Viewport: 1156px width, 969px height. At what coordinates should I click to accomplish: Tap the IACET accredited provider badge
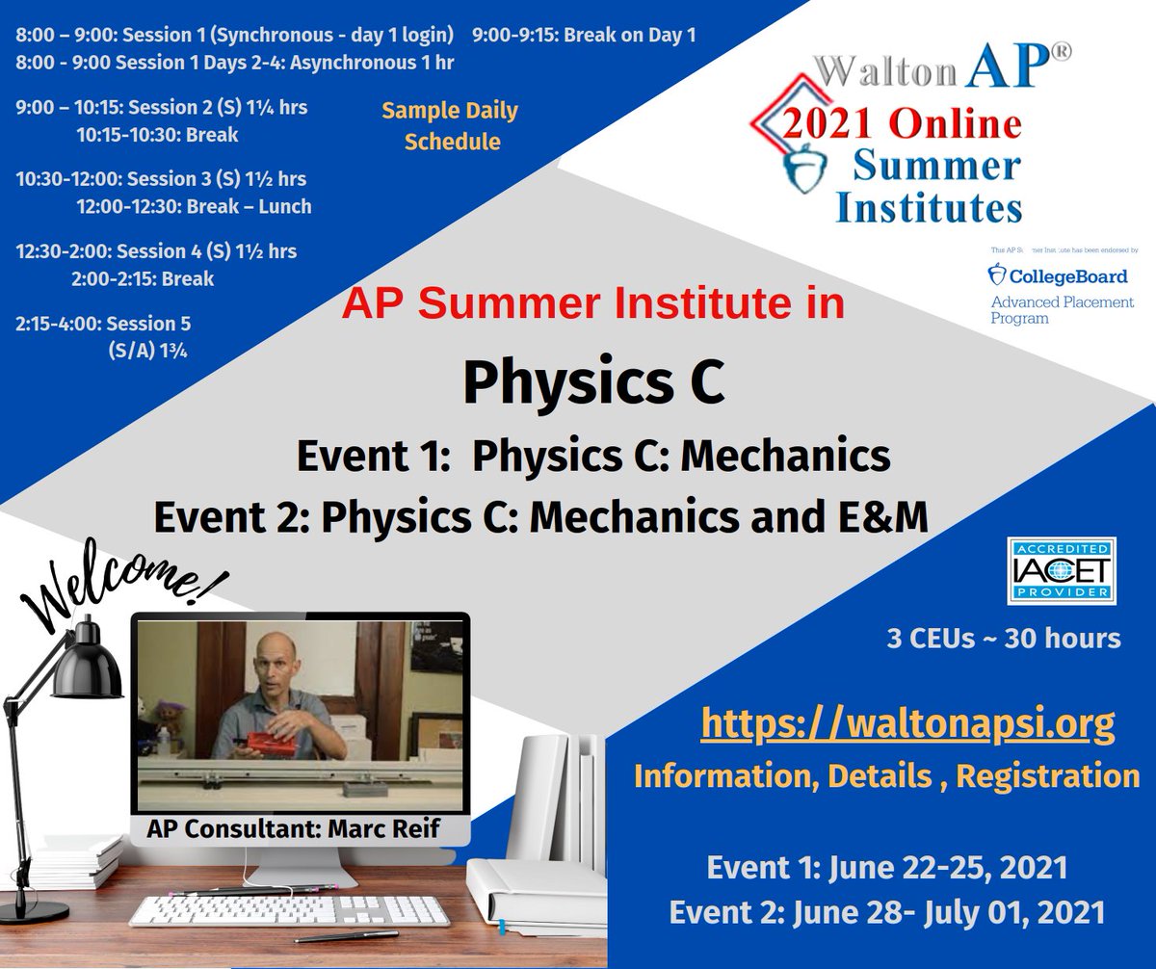tap(1062, 571)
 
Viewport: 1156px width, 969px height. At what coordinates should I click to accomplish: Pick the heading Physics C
tap(591, 381)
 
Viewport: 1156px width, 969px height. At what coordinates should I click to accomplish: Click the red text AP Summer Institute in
tap(592, 304)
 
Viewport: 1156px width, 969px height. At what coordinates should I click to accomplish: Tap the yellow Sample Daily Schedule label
tap(450, 125)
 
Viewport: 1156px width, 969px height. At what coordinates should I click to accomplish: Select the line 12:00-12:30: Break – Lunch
tap(194, 206)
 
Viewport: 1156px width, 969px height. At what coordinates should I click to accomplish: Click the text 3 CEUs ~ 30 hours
tap(1004, 638)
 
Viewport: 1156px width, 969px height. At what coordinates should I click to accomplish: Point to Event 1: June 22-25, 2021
tap(886, 868)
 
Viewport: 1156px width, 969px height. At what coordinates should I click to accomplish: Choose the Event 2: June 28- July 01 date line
tap(887, 910)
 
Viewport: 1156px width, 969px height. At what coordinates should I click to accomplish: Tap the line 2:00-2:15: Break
tap(143, 279)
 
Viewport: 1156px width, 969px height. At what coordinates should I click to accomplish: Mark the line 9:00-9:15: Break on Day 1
tap(583, 37)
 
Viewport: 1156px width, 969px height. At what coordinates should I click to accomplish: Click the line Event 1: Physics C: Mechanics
tap(592, 457)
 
